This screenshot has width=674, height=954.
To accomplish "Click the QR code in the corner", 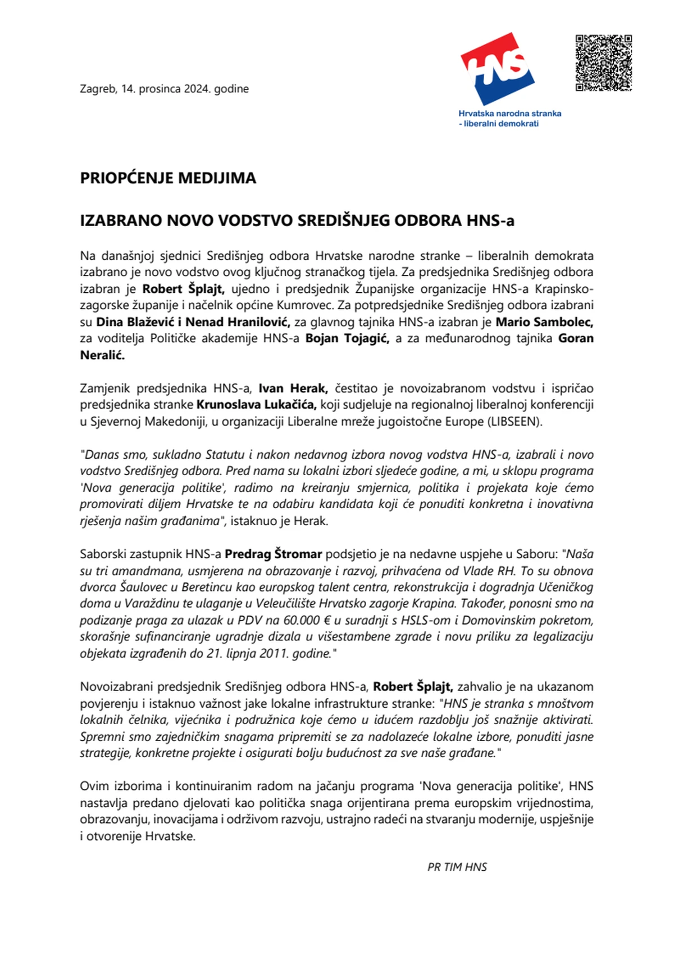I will [x=604, y=63].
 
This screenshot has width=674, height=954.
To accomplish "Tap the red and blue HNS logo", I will [x=498, y=69].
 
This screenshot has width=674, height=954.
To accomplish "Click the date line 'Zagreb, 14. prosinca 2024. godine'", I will [x=164, y=89].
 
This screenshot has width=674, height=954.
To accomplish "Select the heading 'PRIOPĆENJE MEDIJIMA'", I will [x=168, y=178].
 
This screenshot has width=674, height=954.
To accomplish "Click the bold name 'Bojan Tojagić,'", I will [x=347, y=338].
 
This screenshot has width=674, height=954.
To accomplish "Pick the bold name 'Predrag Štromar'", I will [x=273, y=554].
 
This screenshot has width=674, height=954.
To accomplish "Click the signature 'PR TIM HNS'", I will [x=457, y=867].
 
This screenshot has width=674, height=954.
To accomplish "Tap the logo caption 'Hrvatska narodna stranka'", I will [x=509, y=114].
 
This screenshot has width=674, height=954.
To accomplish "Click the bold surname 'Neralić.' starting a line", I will [x=102, y=355].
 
